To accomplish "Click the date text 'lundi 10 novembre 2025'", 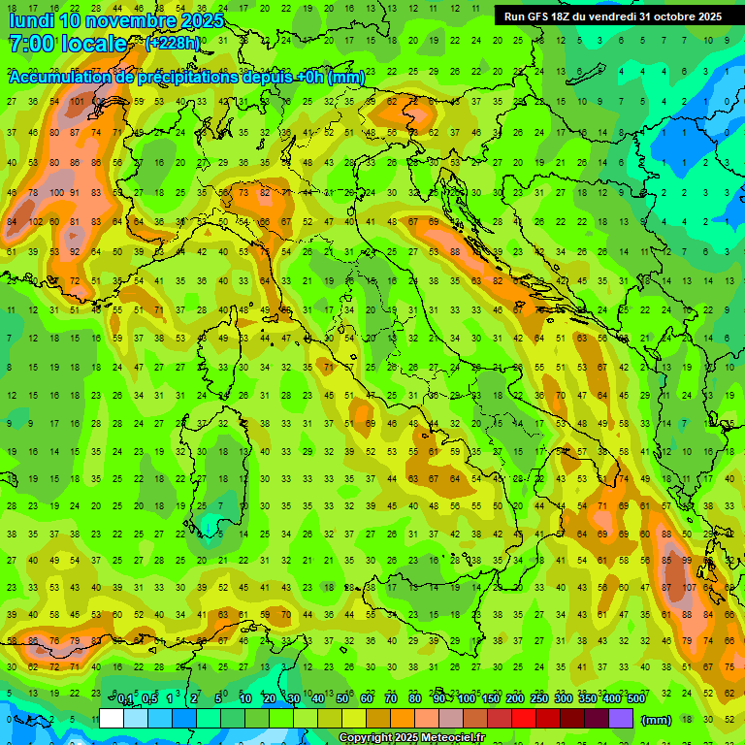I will (116, 20).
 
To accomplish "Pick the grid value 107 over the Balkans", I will (690, 587).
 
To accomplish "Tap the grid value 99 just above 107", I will (687, 561).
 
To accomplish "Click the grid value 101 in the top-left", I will (75, 101).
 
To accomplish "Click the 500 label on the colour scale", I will (636, 699).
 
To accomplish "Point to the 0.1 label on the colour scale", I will (125, 699).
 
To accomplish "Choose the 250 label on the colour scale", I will (539, 699).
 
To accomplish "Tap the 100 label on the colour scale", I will (467, 699).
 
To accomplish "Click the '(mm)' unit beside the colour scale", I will (657, 720).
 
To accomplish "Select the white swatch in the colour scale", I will (112, 719).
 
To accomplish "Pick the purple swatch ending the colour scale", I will (621, 719).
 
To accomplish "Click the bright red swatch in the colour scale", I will (524, 719).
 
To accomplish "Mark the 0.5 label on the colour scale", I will (149, 699).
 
